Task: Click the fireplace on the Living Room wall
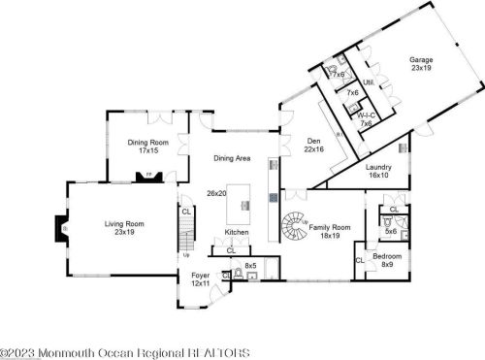64,229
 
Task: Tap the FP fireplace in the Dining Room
148,177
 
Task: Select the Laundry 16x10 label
378,171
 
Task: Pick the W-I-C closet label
366,117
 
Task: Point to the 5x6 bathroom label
392,231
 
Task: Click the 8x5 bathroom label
250,265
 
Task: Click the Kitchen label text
237,233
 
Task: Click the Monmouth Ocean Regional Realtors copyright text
125,352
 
